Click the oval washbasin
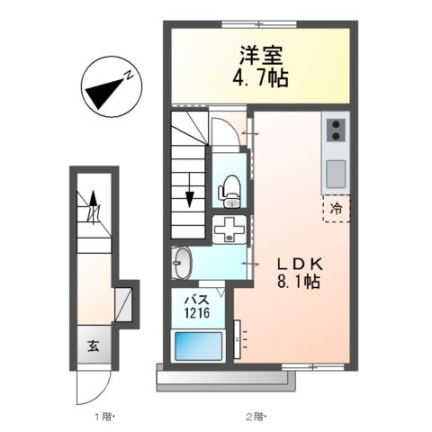(x=181, y=264)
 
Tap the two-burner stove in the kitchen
(x=335, y=130)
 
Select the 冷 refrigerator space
(x=335, y=208)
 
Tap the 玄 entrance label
(x=94, y=344)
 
